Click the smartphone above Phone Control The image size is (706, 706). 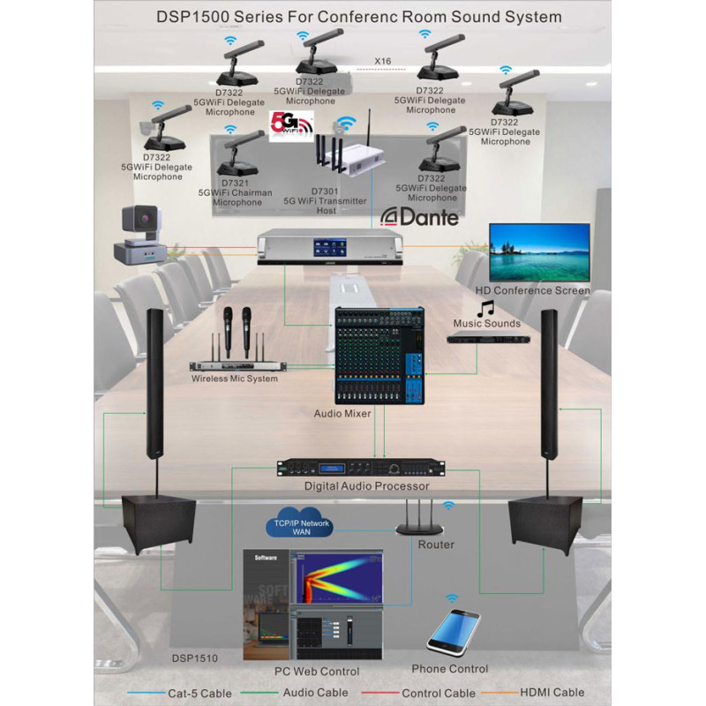[x=453, y=631]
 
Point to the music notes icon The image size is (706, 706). [x=485, y=308]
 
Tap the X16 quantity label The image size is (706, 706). [x=383, y=61]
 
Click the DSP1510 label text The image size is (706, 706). [x=195, y=657]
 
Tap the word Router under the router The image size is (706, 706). [x=436, y=545]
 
